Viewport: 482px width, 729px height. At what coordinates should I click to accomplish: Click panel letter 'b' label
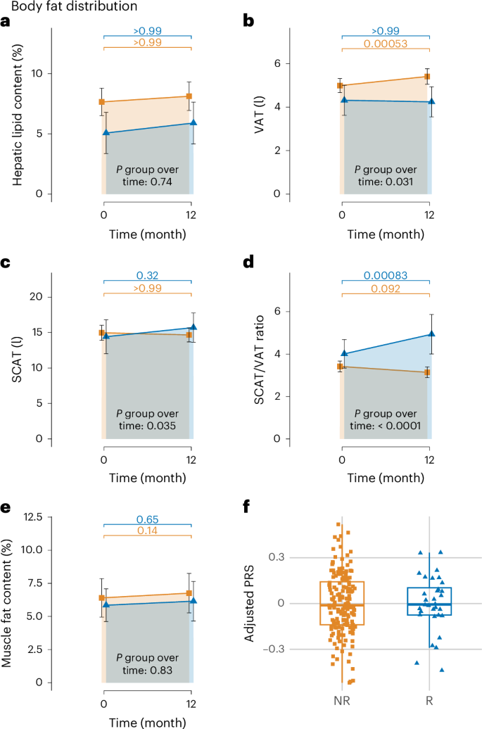tap(248, 21)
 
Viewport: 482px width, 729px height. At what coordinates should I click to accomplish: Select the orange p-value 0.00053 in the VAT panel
tap(385, 46)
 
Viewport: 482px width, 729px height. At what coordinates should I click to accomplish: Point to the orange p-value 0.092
tap(385, 289)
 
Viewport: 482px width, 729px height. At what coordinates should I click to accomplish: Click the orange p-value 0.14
tap(147, 532)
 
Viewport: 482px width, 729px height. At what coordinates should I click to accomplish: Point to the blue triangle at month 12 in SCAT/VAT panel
tap(431, 334)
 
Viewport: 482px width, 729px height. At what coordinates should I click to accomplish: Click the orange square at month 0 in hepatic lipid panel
tap(102, 102)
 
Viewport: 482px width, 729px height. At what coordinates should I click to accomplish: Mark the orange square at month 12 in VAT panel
tap(427, 77)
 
